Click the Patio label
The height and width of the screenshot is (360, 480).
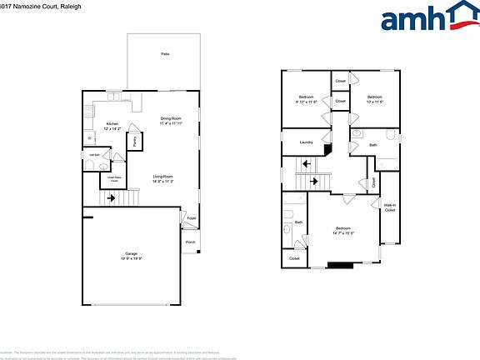[165, 53]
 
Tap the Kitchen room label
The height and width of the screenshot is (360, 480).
[112, 124]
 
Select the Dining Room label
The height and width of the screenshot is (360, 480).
[172, 118]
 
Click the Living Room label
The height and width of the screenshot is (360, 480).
[162, 177]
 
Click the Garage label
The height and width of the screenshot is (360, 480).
[131, 254]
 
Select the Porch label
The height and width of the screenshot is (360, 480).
[191, 242]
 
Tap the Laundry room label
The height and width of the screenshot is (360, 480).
[307, 142]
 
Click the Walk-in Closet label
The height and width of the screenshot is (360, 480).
[389, 208]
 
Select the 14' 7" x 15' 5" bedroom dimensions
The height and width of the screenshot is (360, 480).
[343, 234]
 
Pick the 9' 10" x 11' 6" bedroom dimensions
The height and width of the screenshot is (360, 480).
[307, 102]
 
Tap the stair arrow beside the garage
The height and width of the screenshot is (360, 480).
[111, 199]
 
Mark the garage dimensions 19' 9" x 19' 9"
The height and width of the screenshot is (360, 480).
[131, 259]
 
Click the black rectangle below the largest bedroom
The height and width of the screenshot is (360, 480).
[340, 266]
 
